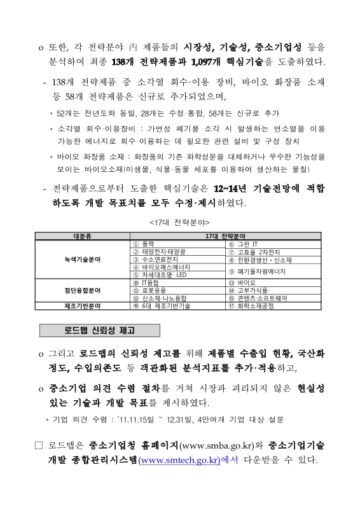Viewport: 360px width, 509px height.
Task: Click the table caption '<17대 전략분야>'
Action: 179,223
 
